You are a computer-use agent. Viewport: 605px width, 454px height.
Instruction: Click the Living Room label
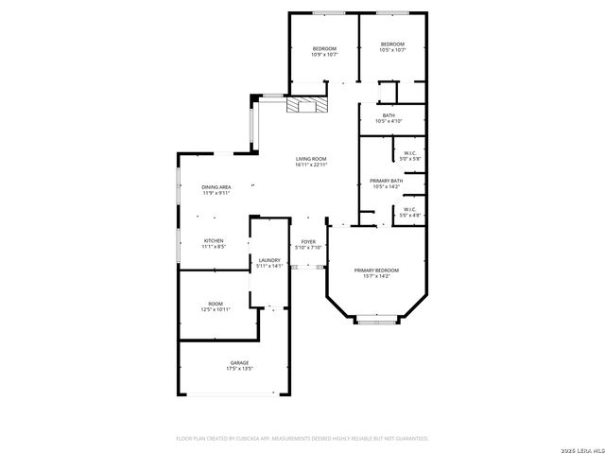click(310, 159)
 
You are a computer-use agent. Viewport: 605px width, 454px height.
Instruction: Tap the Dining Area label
click(216, 187)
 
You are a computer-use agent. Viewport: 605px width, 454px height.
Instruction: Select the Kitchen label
click(214, 241)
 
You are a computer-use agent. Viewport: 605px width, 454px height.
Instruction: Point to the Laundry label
click(269, 260)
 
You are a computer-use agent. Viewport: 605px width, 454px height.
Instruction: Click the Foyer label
click(308, 242)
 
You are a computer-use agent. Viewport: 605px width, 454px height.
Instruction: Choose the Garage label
click(239, 362)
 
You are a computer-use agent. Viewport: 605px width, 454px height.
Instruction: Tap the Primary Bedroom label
click(376, 270)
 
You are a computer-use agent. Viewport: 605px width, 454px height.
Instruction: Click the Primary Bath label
click(386, 181)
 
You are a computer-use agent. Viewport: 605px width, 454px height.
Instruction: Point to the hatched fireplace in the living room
click(307, 104)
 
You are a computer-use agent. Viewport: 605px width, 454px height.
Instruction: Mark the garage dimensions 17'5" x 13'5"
click(239, 369)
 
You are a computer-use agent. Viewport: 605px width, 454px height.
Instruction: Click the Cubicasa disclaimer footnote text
click(302, 439)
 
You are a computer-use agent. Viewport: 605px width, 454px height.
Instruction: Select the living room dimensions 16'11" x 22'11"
click(310, 166)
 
